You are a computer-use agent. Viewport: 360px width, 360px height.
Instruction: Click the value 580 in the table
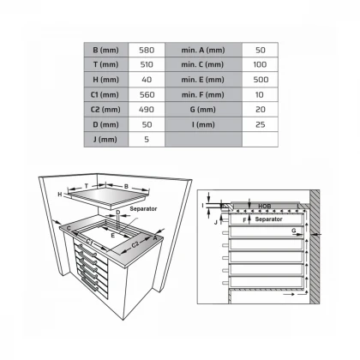pyautogui.click(x=146, y=50)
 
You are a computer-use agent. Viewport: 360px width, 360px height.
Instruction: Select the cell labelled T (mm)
pyautogui.click(x=106, y=65)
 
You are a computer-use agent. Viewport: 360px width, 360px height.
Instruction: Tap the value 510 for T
pyautogui.click(x=146, y=65)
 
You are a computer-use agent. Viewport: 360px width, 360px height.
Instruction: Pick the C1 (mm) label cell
pyautogui.click(x=106, y=95)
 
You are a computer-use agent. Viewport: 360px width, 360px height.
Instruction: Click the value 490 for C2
pyautogui.click(x=146, y=111)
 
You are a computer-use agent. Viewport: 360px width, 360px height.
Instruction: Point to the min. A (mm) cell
pyautogui.click(x=203, y=50)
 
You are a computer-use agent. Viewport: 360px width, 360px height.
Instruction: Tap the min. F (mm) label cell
pyautogui.click(x=203, y=95)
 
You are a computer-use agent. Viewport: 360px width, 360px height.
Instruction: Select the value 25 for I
pyautogui.click(x=261, y=125)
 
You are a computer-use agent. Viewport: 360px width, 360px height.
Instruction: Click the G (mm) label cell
pyautogui.click(x=203, y=111)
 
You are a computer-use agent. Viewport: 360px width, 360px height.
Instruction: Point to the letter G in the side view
pyautogui.click(x=294, y=231)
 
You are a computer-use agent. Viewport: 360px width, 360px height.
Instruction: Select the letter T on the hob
pyautogui.click(x=87, y=185)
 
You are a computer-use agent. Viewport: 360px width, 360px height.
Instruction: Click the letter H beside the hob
pyautogui.click(x=60, y=195)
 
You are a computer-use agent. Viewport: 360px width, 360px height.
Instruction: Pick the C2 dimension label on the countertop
pyautogui.click(x=135, y=244)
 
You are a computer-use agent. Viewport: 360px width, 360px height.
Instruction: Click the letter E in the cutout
pyautogui.click(x=111, y=233)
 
